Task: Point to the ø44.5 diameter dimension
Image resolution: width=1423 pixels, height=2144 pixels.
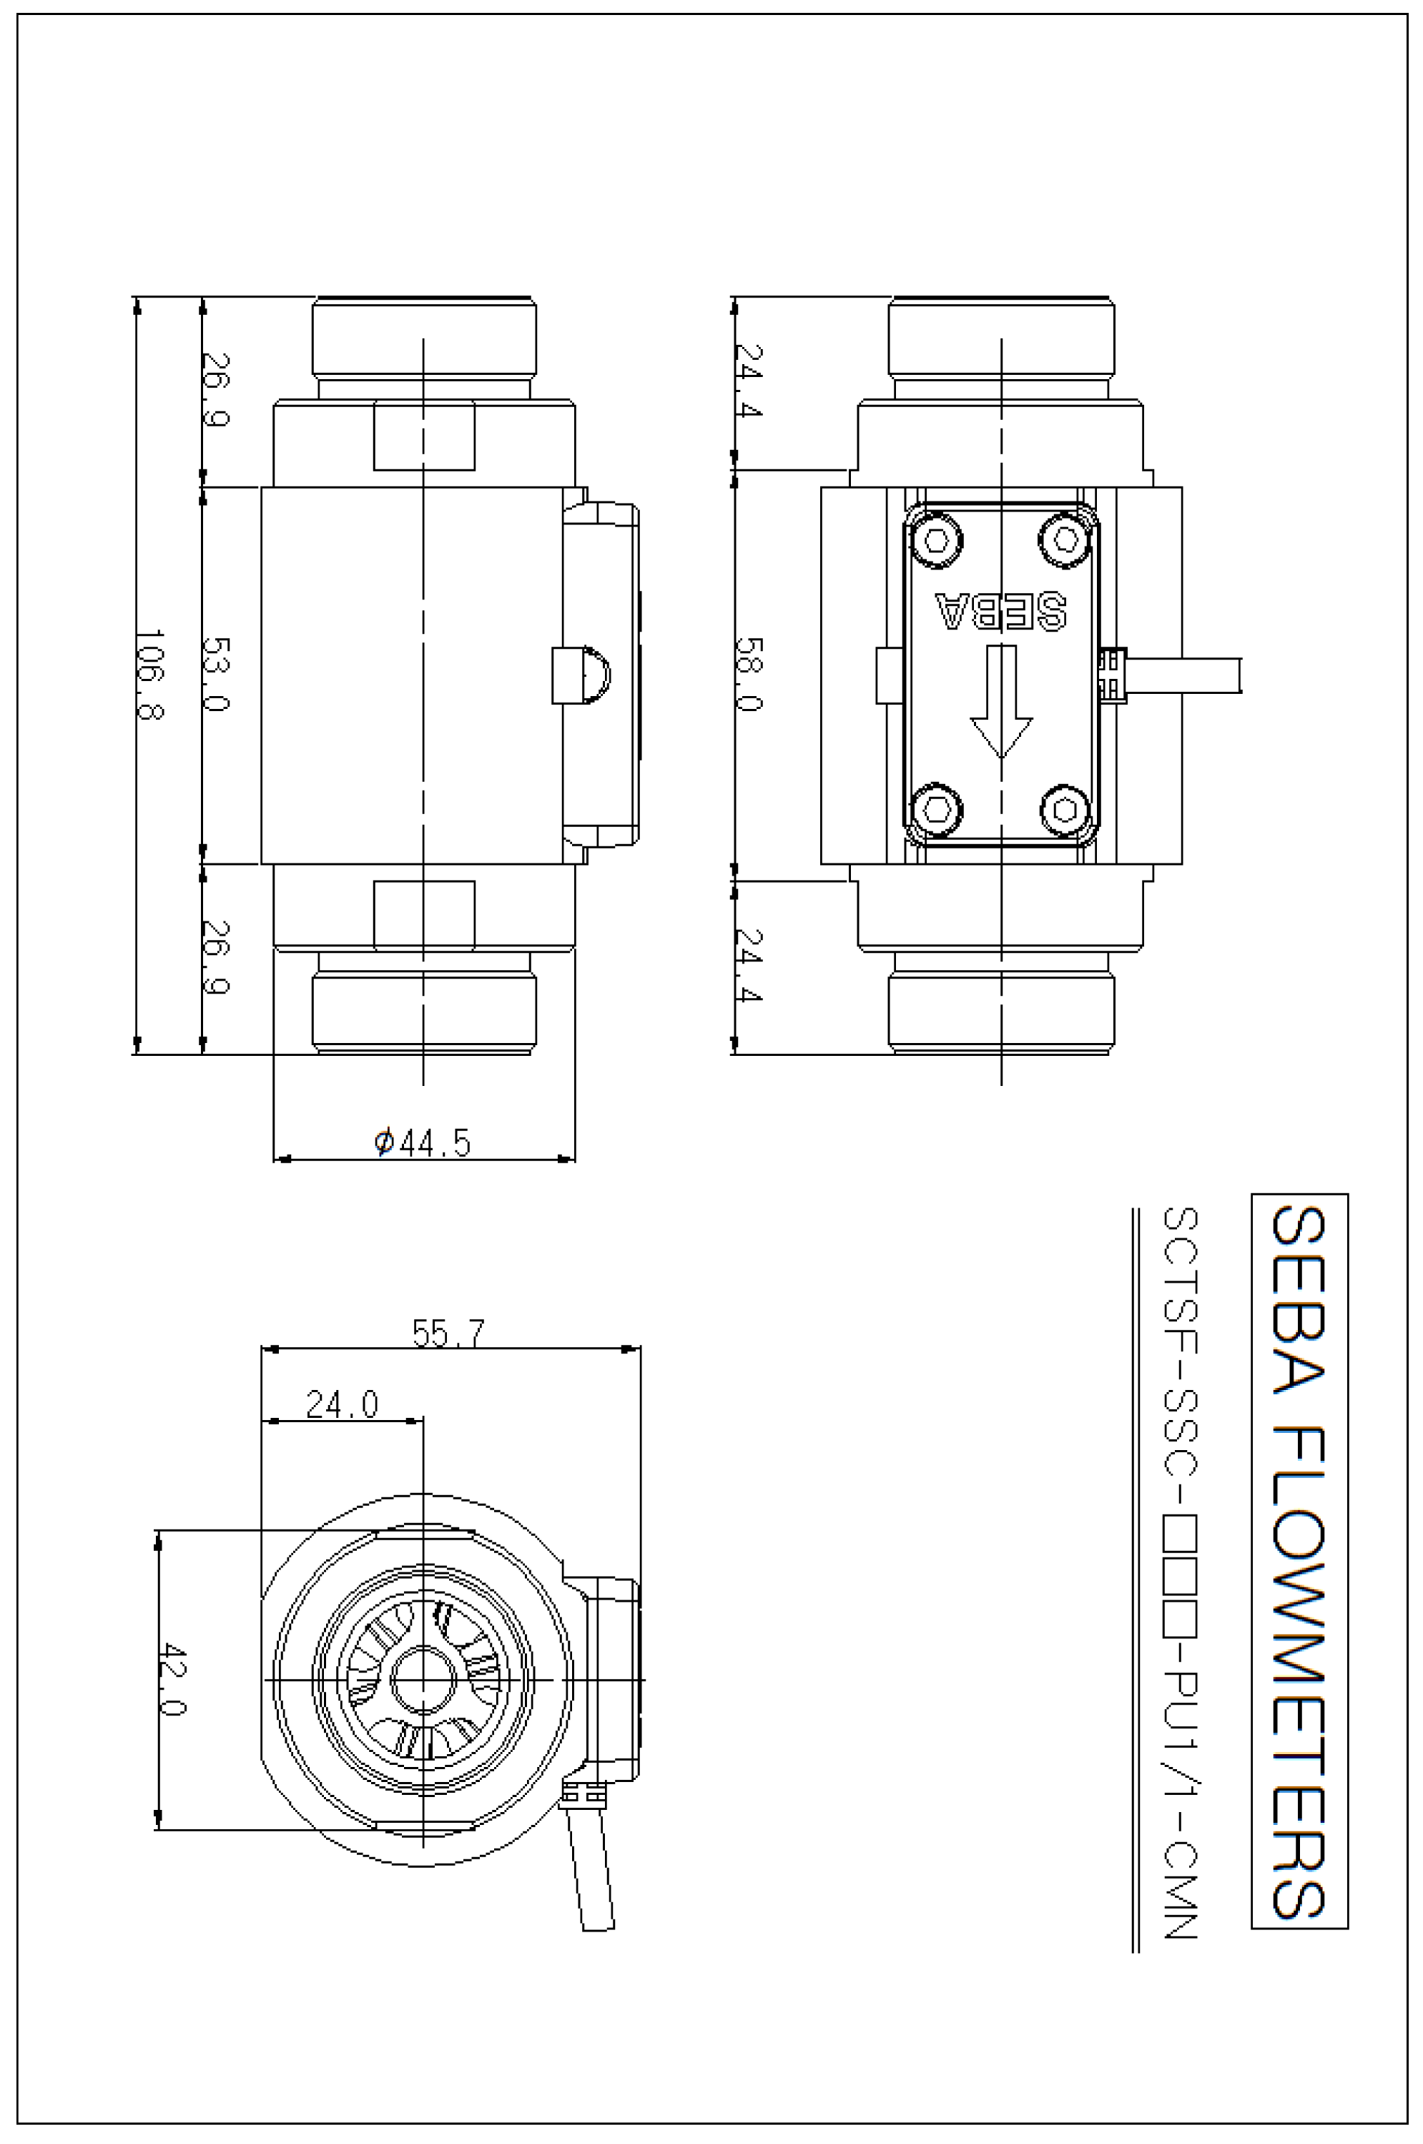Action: [423, 1142]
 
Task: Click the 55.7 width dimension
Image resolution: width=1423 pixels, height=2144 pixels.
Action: [448, 1333]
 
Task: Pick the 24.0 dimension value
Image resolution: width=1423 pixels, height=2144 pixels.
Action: [342, 1404]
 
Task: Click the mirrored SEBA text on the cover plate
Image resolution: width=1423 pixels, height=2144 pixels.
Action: [1000, 612]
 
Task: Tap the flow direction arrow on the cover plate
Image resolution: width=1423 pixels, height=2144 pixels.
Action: [1001, 702]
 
